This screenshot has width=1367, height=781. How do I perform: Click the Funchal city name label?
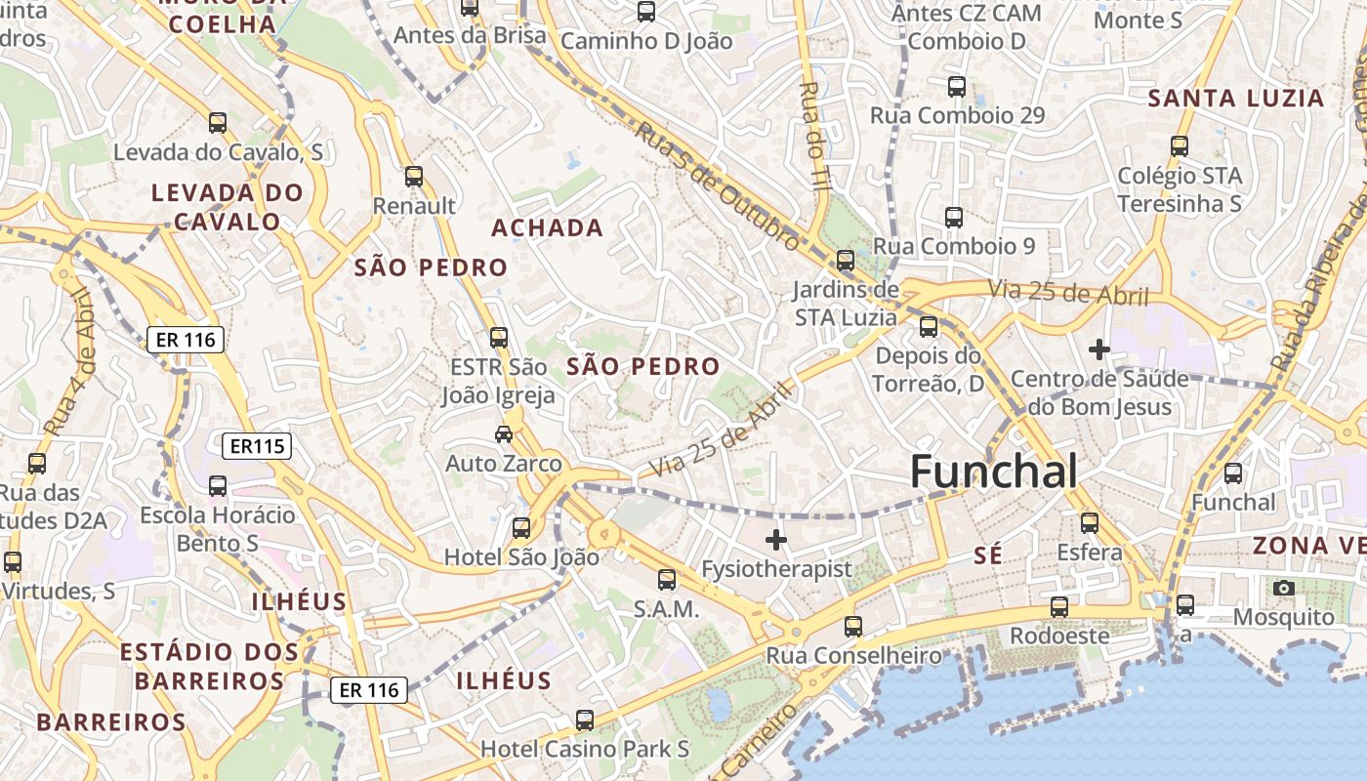pos(994,472)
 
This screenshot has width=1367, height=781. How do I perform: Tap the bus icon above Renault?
pos(414,177)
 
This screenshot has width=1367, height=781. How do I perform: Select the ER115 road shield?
pos(257,447)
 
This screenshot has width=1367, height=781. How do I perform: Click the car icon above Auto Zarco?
pos(504,434)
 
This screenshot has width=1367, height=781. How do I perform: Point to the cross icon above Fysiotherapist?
pos(776,539)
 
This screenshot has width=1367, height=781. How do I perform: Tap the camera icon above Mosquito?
pos(1284,588)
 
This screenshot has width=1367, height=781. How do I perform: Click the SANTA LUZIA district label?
pos(1235,99)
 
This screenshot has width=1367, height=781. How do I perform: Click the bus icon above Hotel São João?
pos(521,528)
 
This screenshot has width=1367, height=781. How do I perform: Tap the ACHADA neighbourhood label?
pos(547,228)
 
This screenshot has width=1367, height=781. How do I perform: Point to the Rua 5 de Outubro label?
pos(718,185)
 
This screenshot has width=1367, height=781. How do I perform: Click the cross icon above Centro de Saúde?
pos(1099,349)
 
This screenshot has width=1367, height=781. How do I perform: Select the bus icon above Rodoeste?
pos(1059,607)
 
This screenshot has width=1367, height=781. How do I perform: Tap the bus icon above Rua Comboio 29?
pos(957,86)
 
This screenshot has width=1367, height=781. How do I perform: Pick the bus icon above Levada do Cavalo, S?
pos(218,123)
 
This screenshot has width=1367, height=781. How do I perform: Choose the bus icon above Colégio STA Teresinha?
pos(1180,146)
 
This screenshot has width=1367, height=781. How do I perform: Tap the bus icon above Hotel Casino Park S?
pos(585,720)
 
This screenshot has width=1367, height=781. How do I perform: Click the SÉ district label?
pos(988,555)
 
